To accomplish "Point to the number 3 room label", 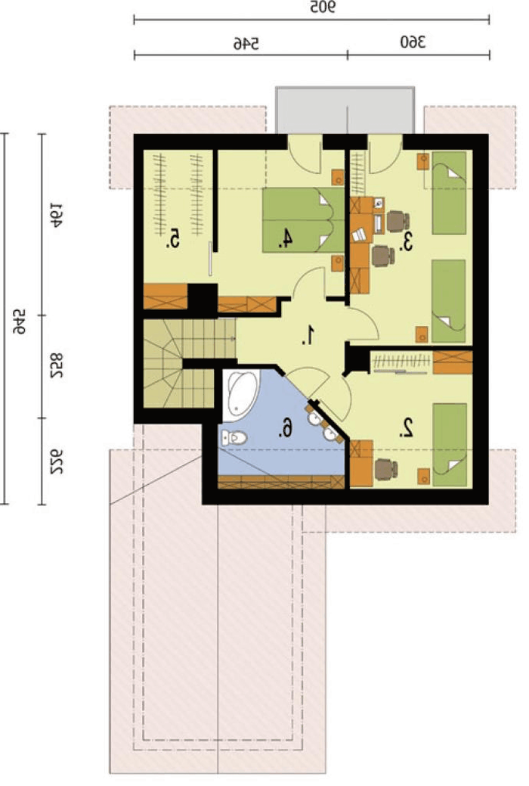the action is pyautogui.click(x=407, y=242).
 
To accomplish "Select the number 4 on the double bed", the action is pyautogui.click(x=286, y=238).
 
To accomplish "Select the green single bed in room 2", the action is pyautogui.click(x=450, y=445).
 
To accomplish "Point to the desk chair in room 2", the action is pyautogui.click(x=385, y=470).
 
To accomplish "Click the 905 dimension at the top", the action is pyautogui.click(x=323, y=8).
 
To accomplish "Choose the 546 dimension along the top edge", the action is pyautogui.click(x=246, y=44).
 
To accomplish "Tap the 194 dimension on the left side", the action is pyautogui.click(x=56, y=215).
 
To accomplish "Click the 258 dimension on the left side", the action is pyautogui.click(x=56, y=366).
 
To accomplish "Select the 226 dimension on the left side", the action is pyautogui.click(x=56, y=461).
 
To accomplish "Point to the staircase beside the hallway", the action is pyautogui.click(x=183, y=363).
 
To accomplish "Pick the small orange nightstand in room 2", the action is pyautogui.click(x=424, y=477).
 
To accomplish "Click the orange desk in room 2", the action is pyautogui.click(x=361, y=463).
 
